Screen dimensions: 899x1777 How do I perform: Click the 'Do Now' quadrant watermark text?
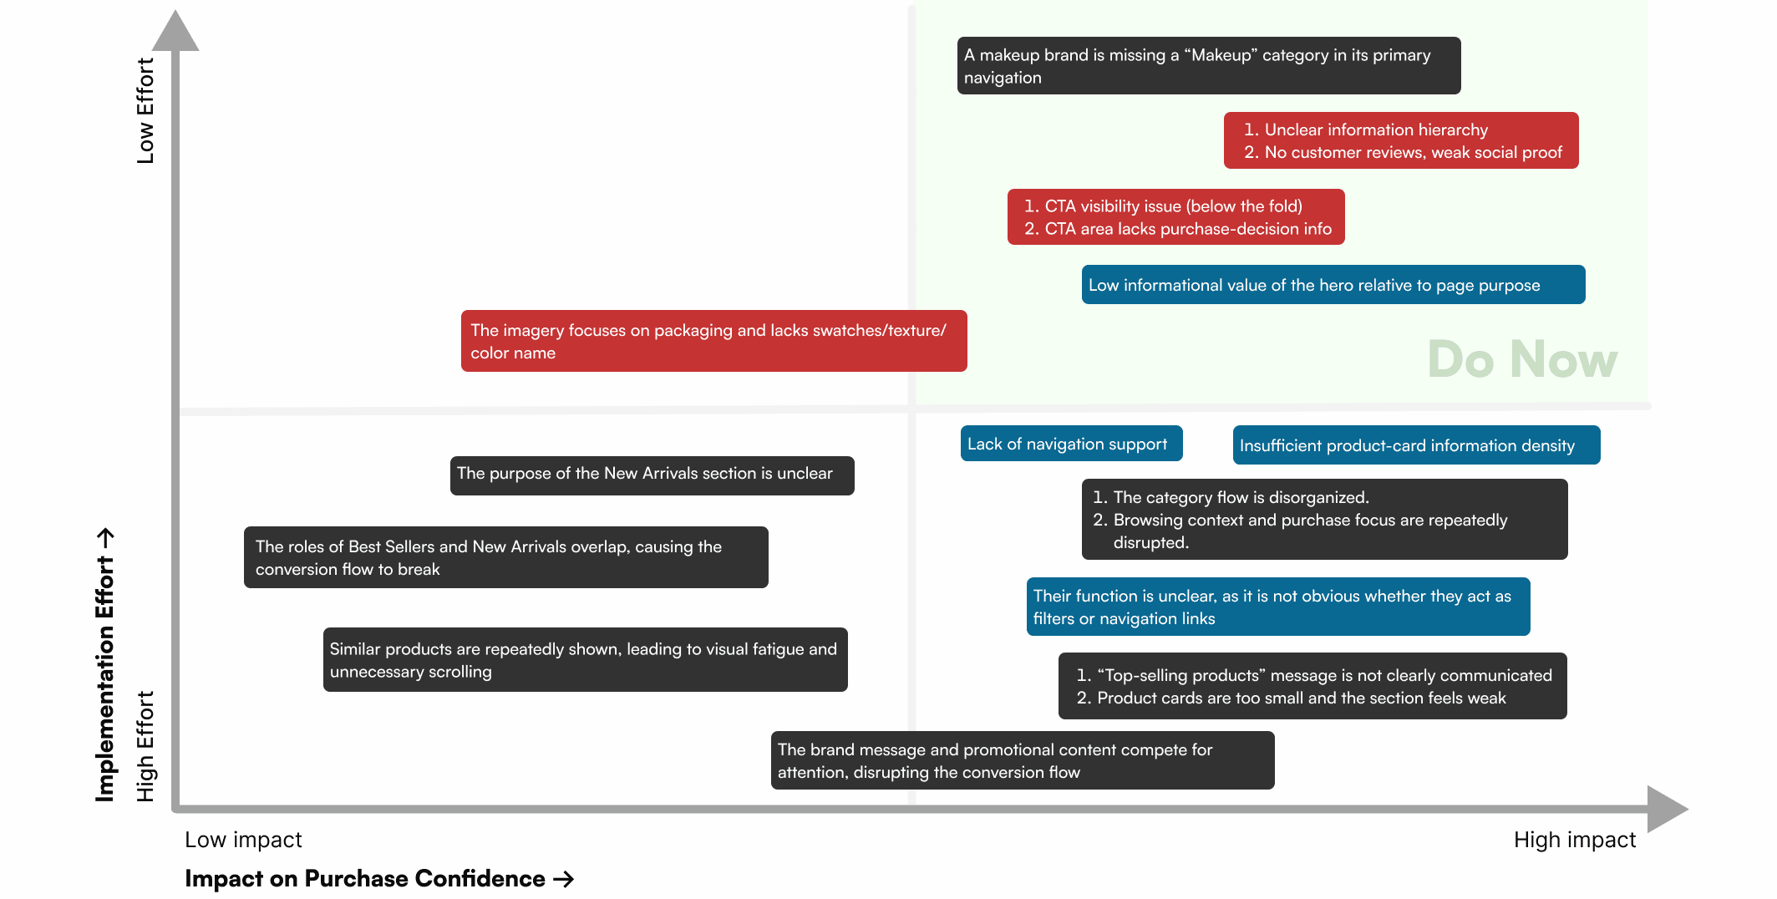click(x=1522, y=359)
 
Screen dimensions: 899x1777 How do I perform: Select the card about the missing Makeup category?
click(x=1208, y=66)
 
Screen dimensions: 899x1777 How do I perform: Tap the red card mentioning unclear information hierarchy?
click(x=1400, y=141)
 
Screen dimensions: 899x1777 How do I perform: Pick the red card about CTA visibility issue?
click(x=1175, y=217)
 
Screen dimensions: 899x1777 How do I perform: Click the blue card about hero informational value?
click(x=1333, y=285)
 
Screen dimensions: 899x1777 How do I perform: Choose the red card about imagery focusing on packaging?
click(x=713, y=341)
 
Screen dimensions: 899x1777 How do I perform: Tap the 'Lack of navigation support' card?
click(x=1071, y=444)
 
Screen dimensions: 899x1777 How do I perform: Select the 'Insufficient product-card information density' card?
click(x=1416, y=445)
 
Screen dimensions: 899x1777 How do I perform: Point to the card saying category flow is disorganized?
click(x=1324, y=520)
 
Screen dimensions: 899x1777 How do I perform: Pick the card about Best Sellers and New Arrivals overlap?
click(x=505, y=557)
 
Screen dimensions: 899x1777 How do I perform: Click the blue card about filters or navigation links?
click(x=1277, y=607)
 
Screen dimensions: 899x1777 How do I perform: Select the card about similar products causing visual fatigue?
click(x=585, y=660)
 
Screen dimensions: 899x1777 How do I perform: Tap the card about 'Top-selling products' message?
click(x=1312, y=686)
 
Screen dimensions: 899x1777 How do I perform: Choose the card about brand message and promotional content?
click(x=1022, y=760)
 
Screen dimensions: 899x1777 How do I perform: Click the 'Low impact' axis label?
click(x=243, y=840)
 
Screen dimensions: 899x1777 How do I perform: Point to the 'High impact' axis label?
click(x=1574, y=840)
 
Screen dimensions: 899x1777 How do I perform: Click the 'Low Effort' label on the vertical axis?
click(x=145, y=110)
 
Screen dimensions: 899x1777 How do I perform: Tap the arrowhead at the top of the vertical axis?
click(x=175, y=32)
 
